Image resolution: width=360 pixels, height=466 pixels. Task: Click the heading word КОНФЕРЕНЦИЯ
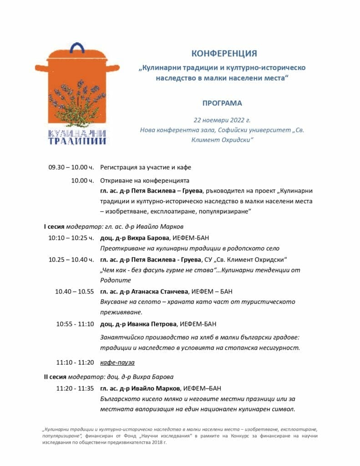tap(224, 54)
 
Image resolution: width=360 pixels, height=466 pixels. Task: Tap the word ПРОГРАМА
tap(222, 103)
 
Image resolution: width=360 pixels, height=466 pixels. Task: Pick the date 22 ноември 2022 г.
tap(222, 121)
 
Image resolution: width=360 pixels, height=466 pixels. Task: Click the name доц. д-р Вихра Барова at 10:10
tap(135, 238)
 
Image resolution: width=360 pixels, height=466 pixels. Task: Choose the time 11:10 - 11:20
tap(75, 363)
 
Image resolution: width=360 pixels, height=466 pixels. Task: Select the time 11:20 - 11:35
tap(75, 388)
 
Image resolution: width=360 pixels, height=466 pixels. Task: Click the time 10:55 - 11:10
tap(75, 324)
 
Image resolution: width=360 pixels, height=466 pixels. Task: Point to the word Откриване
tap(116, 180)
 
